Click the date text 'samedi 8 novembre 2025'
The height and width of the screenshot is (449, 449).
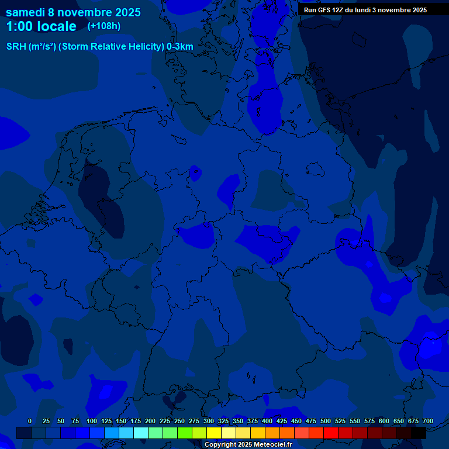pos(73,12)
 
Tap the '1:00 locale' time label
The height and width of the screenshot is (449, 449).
pos(41,26)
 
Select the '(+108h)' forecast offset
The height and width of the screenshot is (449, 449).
pos(104,26)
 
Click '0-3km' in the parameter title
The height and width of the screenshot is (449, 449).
pos(180,47)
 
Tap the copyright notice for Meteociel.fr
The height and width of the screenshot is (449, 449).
pos(248,445)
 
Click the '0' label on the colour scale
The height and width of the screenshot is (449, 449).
pos(30,421)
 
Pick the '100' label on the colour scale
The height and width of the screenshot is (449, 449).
pos(92,421)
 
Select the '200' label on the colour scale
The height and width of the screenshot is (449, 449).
pos(150,421)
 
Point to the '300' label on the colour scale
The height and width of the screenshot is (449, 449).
pos(209,421)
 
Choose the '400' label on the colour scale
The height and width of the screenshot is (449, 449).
pos(267,421)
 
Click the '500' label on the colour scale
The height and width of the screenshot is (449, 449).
pos(326,421)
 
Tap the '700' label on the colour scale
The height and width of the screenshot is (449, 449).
pos(428,421)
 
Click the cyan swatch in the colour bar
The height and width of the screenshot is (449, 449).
pos(141,433)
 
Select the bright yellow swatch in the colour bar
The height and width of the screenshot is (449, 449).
pos(214,433)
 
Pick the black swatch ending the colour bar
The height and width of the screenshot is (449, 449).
pos(419,433)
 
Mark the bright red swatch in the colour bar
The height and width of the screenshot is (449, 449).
pos(331,433)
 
